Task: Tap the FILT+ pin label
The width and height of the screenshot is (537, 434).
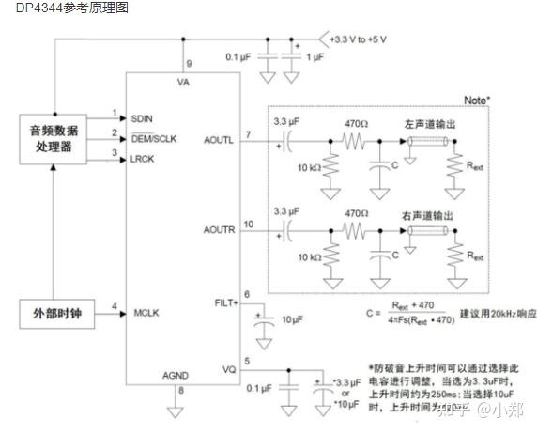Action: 225,302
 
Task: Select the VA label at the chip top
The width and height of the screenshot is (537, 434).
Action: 184,82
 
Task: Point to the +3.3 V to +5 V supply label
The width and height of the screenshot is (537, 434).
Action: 365,39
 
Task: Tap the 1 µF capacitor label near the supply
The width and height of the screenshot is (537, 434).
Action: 316,58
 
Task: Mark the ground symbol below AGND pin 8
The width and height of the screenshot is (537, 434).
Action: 173,410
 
